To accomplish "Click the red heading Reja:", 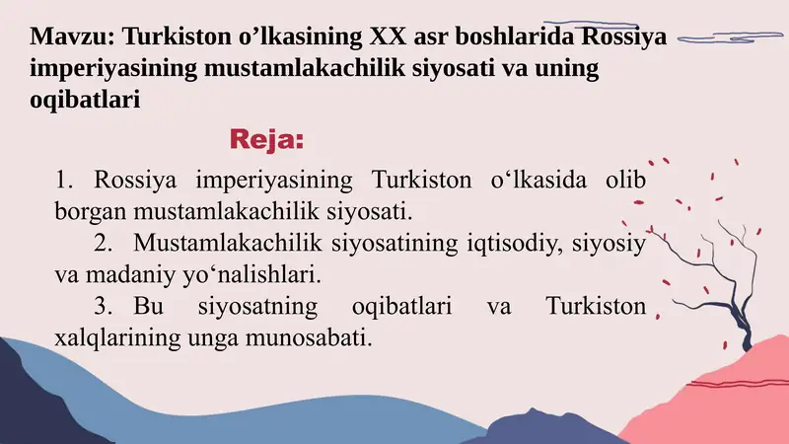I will coord(266,139).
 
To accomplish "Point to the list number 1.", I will coord(65,181).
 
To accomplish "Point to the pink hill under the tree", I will coord(730,395).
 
